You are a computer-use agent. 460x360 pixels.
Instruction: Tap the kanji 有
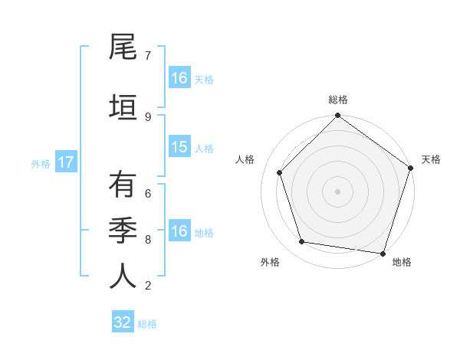pyautogui.click(x=123, y=185)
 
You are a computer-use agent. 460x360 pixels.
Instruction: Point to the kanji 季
pyautogui.click(x=123, y=229)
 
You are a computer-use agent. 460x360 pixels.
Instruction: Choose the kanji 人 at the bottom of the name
pyautogui.click(x=123, y=276)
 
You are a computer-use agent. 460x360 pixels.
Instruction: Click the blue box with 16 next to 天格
pyautogui.click(x=179, y=77)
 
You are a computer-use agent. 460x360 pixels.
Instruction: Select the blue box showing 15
pyautogui.click(x=179, y=147)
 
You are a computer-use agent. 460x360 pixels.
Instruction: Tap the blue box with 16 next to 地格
pyautogui.click(x=179, y=231)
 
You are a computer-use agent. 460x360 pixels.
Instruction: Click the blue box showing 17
pyautogui.click(x=65, y=162)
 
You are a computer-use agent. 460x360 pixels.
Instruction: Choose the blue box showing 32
pyautogui.click(x=123, y=322)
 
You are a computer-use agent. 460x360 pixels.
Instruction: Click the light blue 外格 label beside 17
pyautogui.click(x=41, y=163)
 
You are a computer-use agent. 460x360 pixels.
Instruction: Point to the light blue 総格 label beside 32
pyautogui.click(x=147, y=323)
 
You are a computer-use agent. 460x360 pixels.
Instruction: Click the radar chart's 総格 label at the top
pyautogui.click(x=337, y=100)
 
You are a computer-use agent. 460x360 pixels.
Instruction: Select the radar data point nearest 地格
pyautogui.click(x=383, y=253)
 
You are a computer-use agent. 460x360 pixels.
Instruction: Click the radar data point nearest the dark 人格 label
pyautogui.click(x=279, y=172)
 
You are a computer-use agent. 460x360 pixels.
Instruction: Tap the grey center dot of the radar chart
pyautogui.click(x=337, y=191)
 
